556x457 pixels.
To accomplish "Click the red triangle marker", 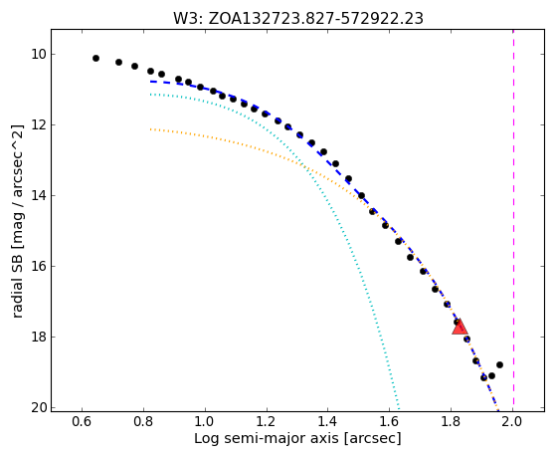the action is [460, 328].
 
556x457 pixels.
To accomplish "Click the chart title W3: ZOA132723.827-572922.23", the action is [298, 19].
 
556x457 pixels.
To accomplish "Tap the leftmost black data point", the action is [95, 58].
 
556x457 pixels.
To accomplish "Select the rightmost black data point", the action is [499, 364].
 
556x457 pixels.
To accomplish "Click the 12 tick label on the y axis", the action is [39, 125].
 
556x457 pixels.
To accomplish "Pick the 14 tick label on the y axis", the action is [39, 196].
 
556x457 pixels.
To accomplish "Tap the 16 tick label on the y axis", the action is [39, 266].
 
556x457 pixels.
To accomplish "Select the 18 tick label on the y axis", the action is [39, 337].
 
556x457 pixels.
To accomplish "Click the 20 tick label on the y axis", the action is [39, 407].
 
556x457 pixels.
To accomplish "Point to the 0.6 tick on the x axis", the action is [82, 421].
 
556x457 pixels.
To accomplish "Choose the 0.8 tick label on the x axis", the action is [143, 421].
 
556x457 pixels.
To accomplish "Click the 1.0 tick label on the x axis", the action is [205, 421].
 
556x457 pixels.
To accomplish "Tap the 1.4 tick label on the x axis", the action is [328, 421].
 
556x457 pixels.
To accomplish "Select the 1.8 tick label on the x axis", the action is [451, 421].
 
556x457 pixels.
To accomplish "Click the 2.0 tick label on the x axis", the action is [513, 421].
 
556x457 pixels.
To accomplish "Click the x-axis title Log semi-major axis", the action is [266, 439].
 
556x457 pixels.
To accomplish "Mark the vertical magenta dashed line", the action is [513, 220].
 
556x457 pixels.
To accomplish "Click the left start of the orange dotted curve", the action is [151, 129].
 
